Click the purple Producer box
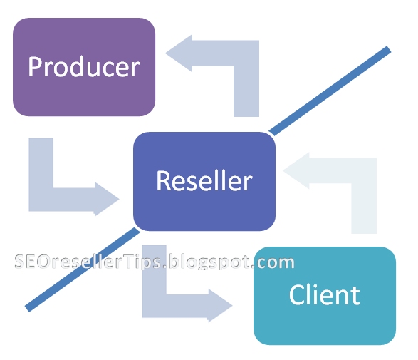click(x=84, y=67)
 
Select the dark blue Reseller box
click(x=204, y=181)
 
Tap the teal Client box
click(x=325, y=295)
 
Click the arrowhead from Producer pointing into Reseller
click(x=107, y=198)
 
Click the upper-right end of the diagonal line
click(x=387, y=50)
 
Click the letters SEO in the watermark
click(x=29, y=262)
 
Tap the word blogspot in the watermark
click(x=209, y=262)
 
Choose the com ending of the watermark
click(x=277, y=262)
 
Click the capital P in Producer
click(x=35, y=67)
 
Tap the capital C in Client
click(x=296, y=295)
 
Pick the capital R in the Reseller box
click(x=163, y=181)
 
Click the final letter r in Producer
click(x=135, y=68)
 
